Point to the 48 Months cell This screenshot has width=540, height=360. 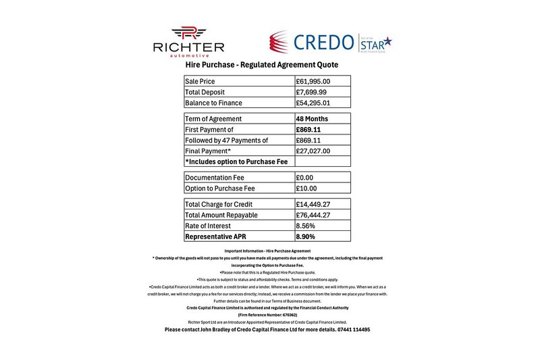click(312, 119)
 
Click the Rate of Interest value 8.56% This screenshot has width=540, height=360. click(307, 226)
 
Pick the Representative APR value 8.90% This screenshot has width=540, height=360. click(308, 236)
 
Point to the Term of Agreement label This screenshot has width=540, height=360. click(213, 119)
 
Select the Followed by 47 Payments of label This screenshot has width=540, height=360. click(226, 140)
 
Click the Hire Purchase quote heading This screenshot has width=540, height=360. click(261, 65)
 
